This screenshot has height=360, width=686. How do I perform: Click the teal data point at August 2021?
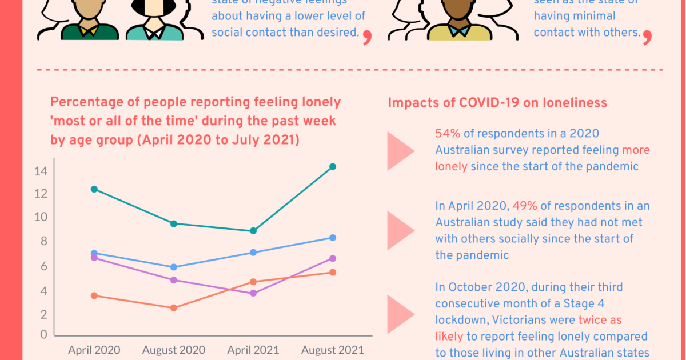click(333, 167)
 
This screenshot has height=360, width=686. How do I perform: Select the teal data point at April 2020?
click(94, 189)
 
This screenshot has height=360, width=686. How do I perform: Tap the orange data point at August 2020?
click(174, 308)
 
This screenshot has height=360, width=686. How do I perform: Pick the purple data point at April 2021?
click(253, 293)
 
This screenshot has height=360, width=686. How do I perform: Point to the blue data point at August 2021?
click(333, 238)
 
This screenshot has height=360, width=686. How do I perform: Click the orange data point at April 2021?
click(253, 282)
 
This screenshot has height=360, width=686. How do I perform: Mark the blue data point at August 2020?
click(174, 267)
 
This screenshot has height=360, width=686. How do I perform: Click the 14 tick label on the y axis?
click(41, 171)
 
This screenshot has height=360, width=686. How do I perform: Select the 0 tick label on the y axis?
click(43, 335)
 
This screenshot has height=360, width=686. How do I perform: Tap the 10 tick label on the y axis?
click(41, 217)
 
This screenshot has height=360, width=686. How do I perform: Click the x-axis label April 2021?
click(253, 350)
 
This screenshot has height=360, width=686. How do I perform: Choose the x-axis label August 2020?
click(174, 350)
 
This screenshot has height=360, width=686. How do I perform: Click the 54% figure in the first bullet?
click(448, 133)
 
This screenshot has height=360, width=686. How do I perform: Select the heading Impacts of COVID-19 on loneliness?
click(497, 103)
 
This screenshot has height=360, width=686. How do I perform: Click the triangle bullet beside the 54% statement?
click(400, 151)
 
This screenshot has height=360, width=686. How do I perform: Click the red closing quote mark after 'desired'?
click(367, 38)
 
